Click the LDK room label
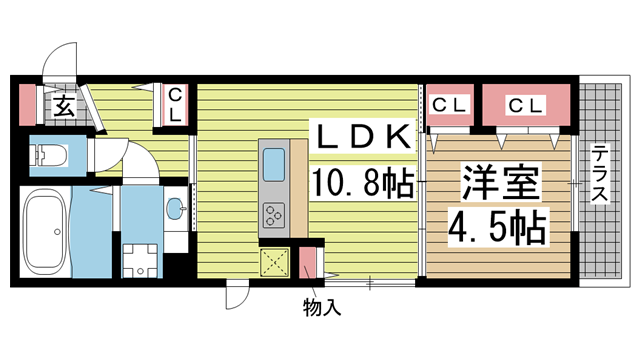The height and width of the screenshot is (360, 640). tap(364, 136)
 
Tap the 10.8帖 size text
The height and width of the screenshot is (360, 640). tap(364, 183)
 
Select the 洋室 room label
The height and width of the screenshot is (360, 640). tap(500, 183)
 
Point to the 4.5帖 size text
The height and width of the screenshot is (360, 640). tap(498, 226)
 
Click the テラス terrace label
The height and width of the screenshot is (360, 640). tap(600, 173)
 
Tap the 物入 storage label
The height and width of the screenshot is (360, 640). tap(322, 307)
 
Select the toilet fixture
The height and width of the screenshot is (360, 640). tap(49, 156)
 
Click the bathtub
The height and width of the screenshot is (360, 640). tap(46, 232)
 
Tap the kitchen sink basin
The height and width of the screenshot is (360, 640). tap(274, 164)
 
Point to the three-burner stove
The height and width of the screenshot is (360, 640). tap(274, 215)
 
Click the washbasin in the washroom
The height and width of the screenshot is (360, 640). tap(176, 208)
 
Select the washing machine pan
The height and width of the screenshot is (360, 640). tap(140, 261)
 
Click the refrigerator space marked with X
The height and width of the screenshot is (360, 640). tap(275, 262)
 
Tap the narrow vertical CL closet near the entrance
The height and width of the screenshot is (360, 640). tap(175, 105)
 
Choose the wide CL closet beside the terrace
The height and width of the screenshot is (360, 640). tap(526, 105)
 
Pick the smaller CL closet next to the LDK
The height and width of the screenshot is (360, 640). tap(450, 105)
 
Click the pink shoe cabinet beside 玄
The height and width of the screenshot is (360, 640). tap(28, 104)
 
